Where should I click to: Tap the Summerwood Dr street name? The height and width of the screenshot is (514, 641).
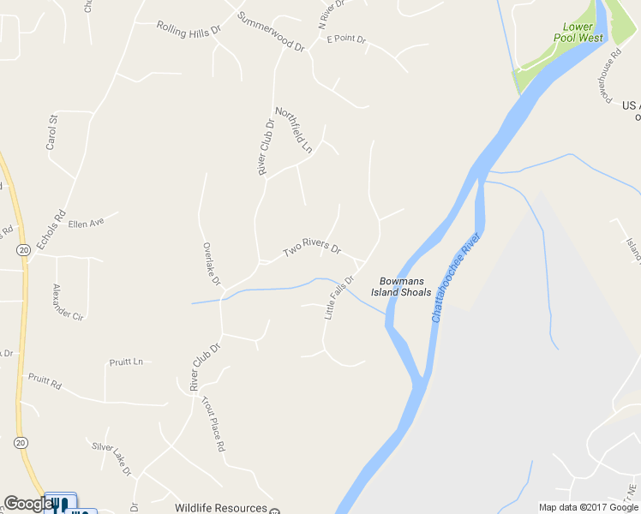pos(272,33)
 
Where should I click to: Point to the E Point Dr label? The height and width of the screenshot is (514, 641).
pos(346,39)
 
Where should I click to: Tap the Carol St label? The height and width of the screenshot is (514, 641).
pos(52,133)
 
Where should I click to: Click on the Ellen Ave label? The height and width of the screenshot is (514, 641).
pos(86,223)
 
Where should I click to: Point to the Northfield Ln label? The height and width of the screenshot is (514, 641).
pos(294,130)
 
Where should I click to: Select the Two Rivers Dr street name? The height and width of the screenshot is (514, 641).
pos(312,248)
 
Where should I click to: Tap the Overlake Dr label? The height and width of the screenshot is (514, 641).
pos(211,264)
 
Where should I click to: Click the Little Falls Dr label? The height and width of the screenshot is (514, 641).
pos(339,297)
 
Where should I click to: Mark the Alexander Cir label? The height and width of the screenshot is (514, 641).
pos(69,302)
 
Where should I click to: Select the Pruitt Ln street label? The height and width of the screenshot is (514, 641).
pos(126,362)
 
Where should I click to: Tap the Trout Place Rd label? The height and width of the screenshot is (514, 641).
pos(213,423)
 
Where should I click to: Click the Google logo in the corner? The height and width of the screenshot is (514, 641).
pos(28,504)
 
